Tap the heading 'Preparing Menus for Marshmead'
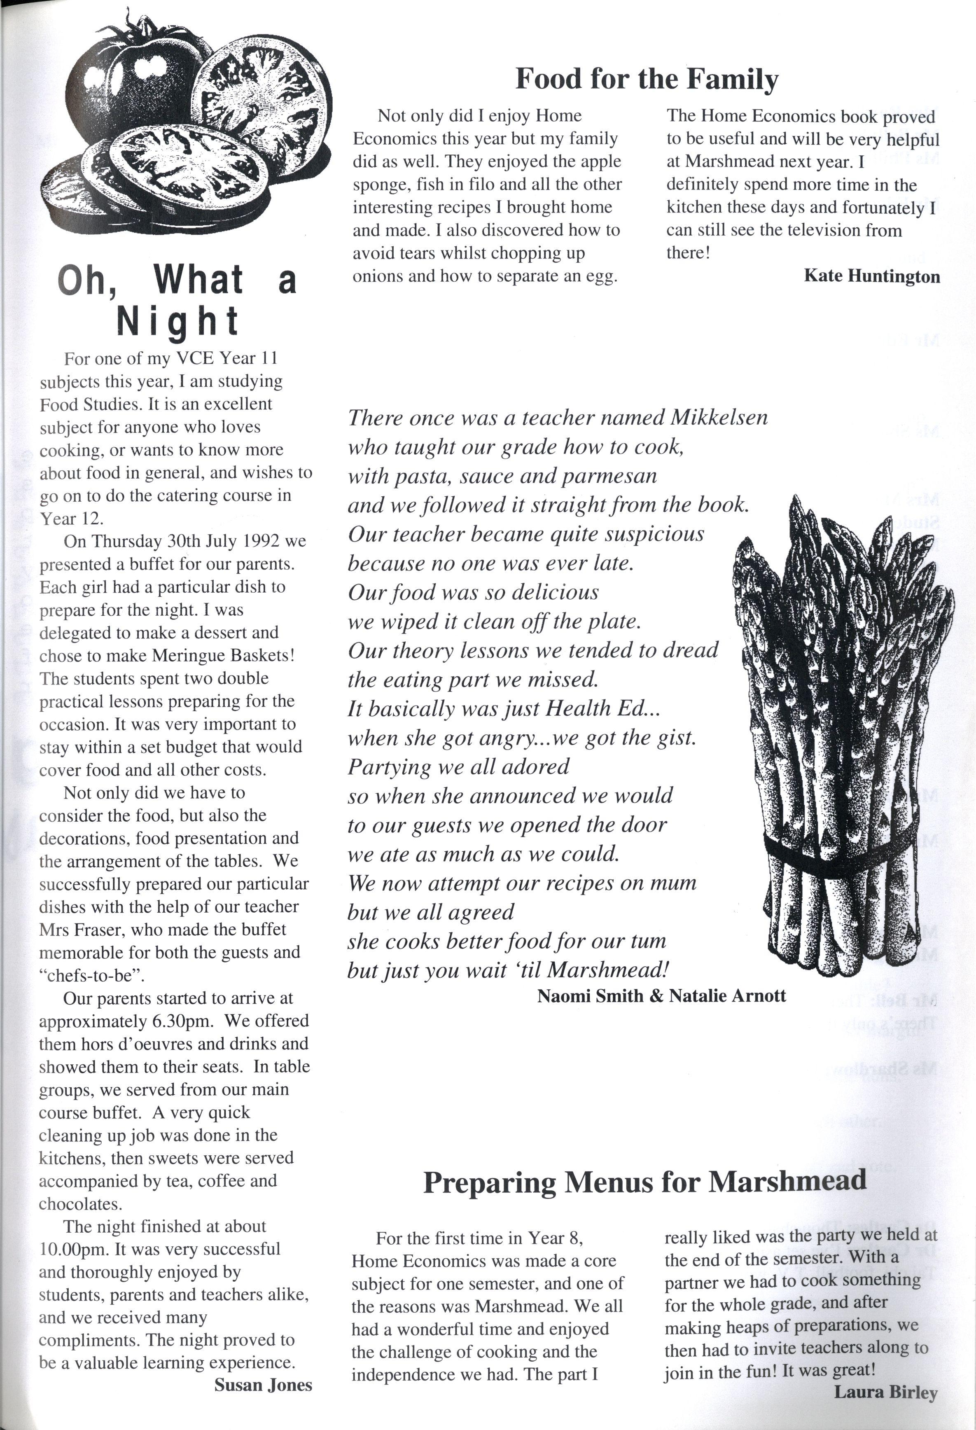pos(644,1182)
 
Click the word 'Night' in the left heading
pos(177,321)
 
